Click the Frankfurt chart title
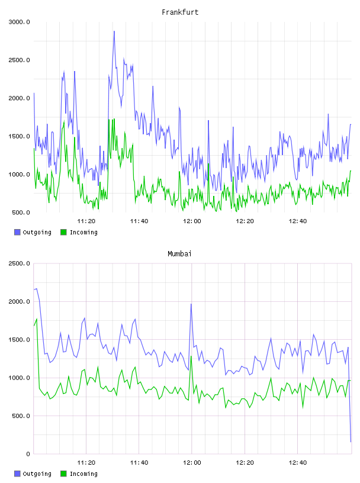click(180, 12)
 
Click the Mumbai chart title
click(179, 254)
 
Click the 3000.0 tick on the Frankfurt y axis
click(20, 22)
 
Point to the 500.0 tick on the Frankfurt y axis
click(21, 212)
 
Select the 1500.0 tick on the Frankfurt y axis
click(20, 136)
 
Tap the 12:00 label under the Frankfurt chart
click(192, 221)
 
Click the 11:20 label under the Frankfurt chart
click(86, 221)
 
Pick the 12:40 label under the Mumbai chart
click(298, 462)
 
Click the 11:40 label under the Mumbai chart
click(139, 462)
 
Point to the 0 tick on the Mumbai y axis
click(28, 454)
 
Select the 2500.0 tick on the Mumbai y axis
click(20, 263)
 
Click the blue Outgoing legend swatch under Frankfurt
click(17, 232)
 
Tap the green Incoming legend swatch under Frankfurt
click(63, 232)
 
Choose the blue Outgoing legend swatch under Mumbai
click(17, 474)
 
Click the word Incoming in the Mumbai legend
click(83, 474)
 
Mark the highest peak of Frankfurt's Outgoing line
click(114, 31)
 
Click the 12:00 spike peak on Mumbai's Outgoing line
click(191, 304)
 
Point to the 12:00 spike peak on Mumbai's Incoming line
click(191, 356)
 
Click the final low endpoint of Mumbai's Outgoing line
click(351, 442)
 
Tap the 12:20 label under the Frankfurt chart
click(245, 221)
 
